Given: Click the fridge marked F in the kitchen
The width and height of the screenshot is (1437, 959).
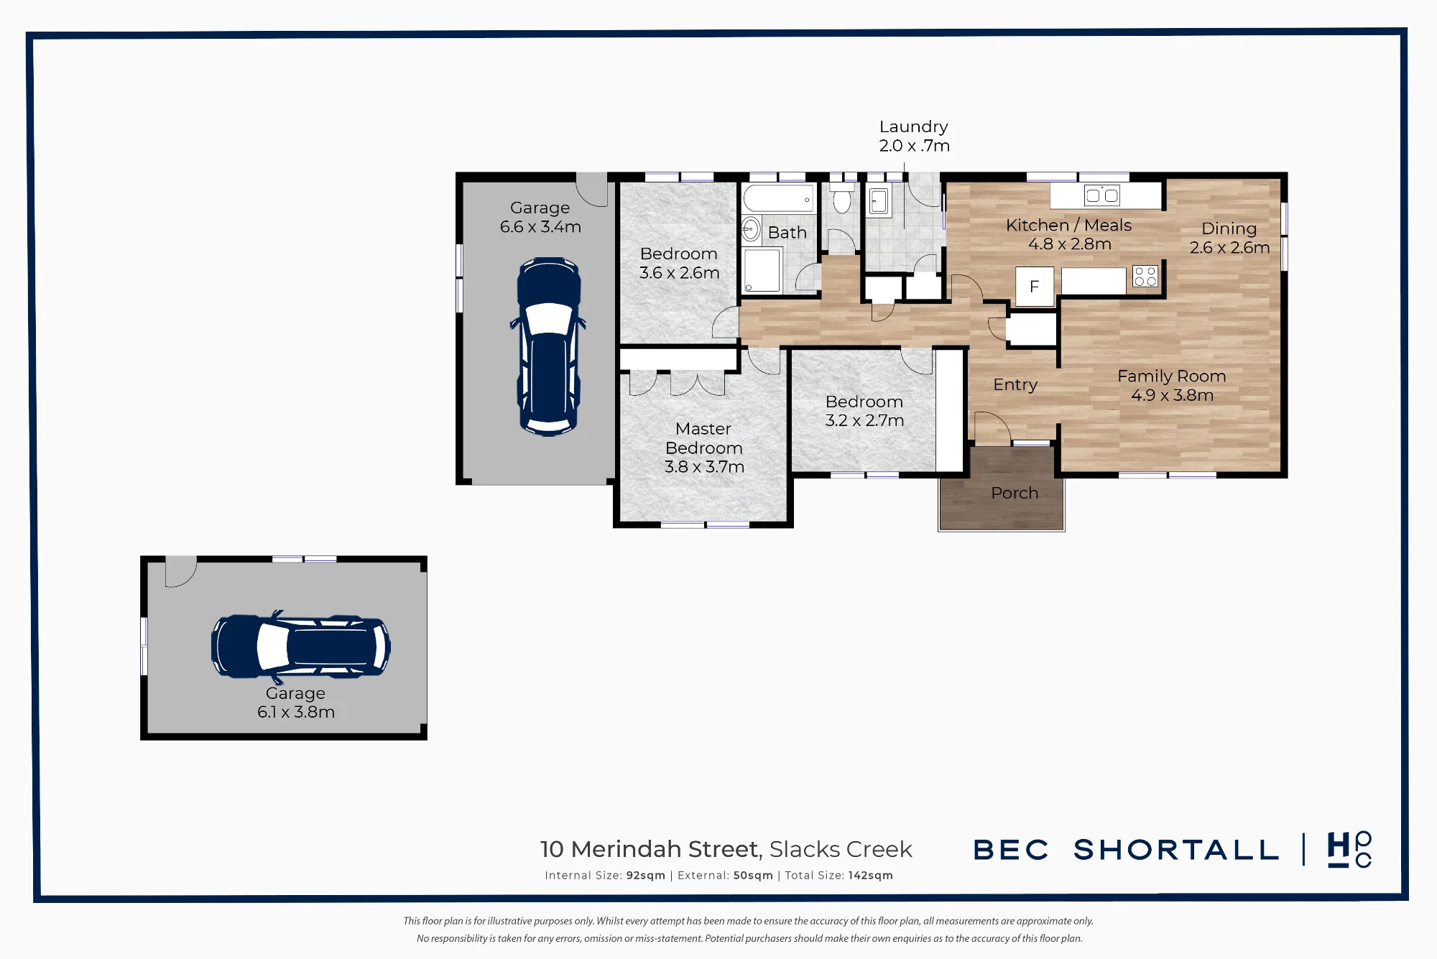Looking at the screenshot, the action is pos(1035,287).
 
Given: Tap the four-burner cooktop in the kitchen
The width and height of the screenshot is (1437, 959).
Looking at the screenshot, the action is pos(1145,277).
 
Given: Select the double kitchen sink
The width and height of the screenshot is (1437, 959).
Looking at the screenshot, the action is pos(1102,195).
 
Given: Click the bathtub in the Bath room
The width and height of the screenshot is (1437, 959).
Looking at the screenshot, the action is pos(779,199).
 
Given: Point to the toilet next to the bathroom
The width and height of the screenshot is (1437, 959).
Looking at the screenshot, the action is pos(842,198).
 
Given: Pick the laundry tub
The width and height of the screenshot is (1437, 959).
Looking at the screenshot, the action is pos(879,202).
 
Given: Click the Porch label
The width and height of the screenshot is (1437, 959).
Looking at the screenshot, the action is pos(1015,494).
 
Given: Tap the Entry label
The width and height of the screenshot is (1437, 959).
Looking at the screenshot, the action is pos(1015,385).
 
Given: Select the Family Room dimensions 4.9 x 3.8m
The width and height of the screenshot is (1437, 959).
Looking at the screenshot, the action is pos(1173,395).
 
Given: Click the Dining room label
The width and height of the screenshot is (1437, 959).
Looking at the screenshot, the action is pos(1229,229).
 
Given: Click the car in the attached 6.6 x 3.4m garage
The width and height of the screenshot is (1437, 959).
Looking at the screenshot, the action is pos(549,346).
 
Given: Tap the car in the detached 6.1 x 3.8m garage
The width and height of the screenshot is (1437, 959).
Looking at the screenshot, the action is pos(301,647).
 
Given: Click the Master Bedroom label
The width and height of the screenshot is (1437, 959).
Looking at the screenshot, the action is pos(704,438).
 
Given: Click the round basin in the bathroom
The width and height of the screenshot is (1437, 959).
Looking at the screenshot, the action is pos(751,229).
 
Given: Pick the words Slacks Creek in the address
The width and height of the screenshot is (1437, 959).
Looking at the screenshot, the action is pos(841,850).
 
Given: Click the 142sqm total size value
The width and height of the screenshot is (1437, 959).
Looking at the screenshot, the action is pos(871,876).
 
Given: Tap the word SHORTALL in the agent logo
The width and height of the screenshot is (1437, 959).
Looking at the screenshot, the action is pos(1176,851).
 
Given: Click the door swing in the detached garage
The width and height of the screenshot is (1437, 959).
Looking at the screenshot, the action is pos(181,572).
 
